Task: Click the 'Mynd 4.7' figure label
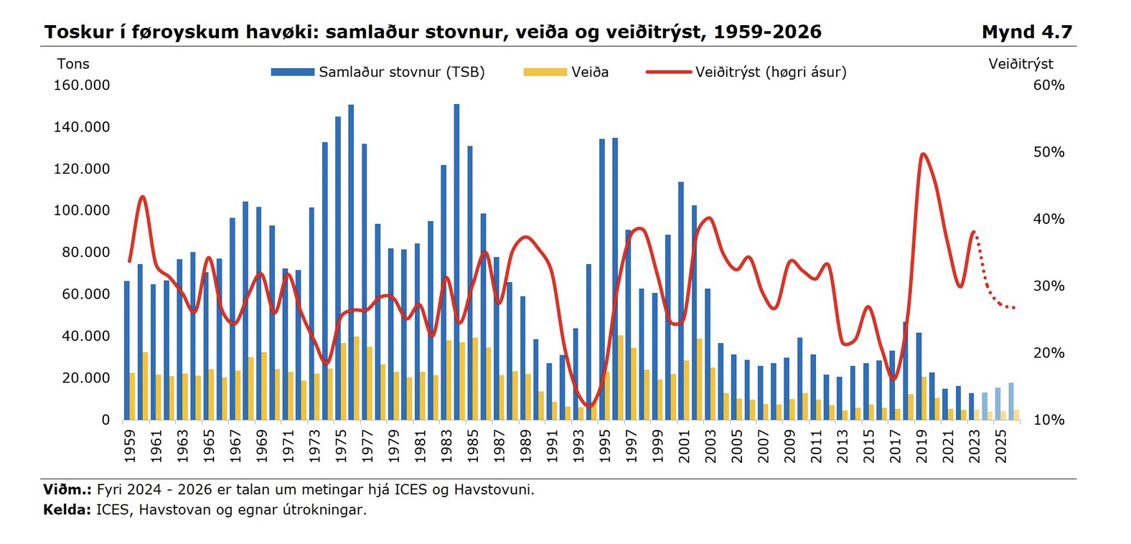(1026, 32)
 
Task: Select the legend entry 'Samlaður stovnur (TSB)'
(401, 72)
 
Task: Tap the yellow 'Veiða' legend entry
(589, 72)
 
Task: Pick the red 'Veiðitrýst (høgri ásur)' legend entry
(770, 72)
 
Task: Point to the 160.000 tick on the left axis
(82, 85)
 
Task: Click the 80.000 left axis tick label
(86, 252)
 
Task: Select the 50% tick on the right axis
(1048, 152)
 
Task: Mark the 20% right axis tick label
(1048, 353)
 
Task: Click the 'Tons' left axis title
(73, 64)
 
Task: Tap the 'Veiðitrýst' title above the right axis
(1020, 64)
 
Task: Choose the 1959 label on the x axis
(129, 446)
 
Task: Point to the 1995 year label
(604, 446)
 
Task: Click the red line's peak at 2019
(923, 154)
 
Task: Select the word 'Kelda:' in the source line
(67, 510)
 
